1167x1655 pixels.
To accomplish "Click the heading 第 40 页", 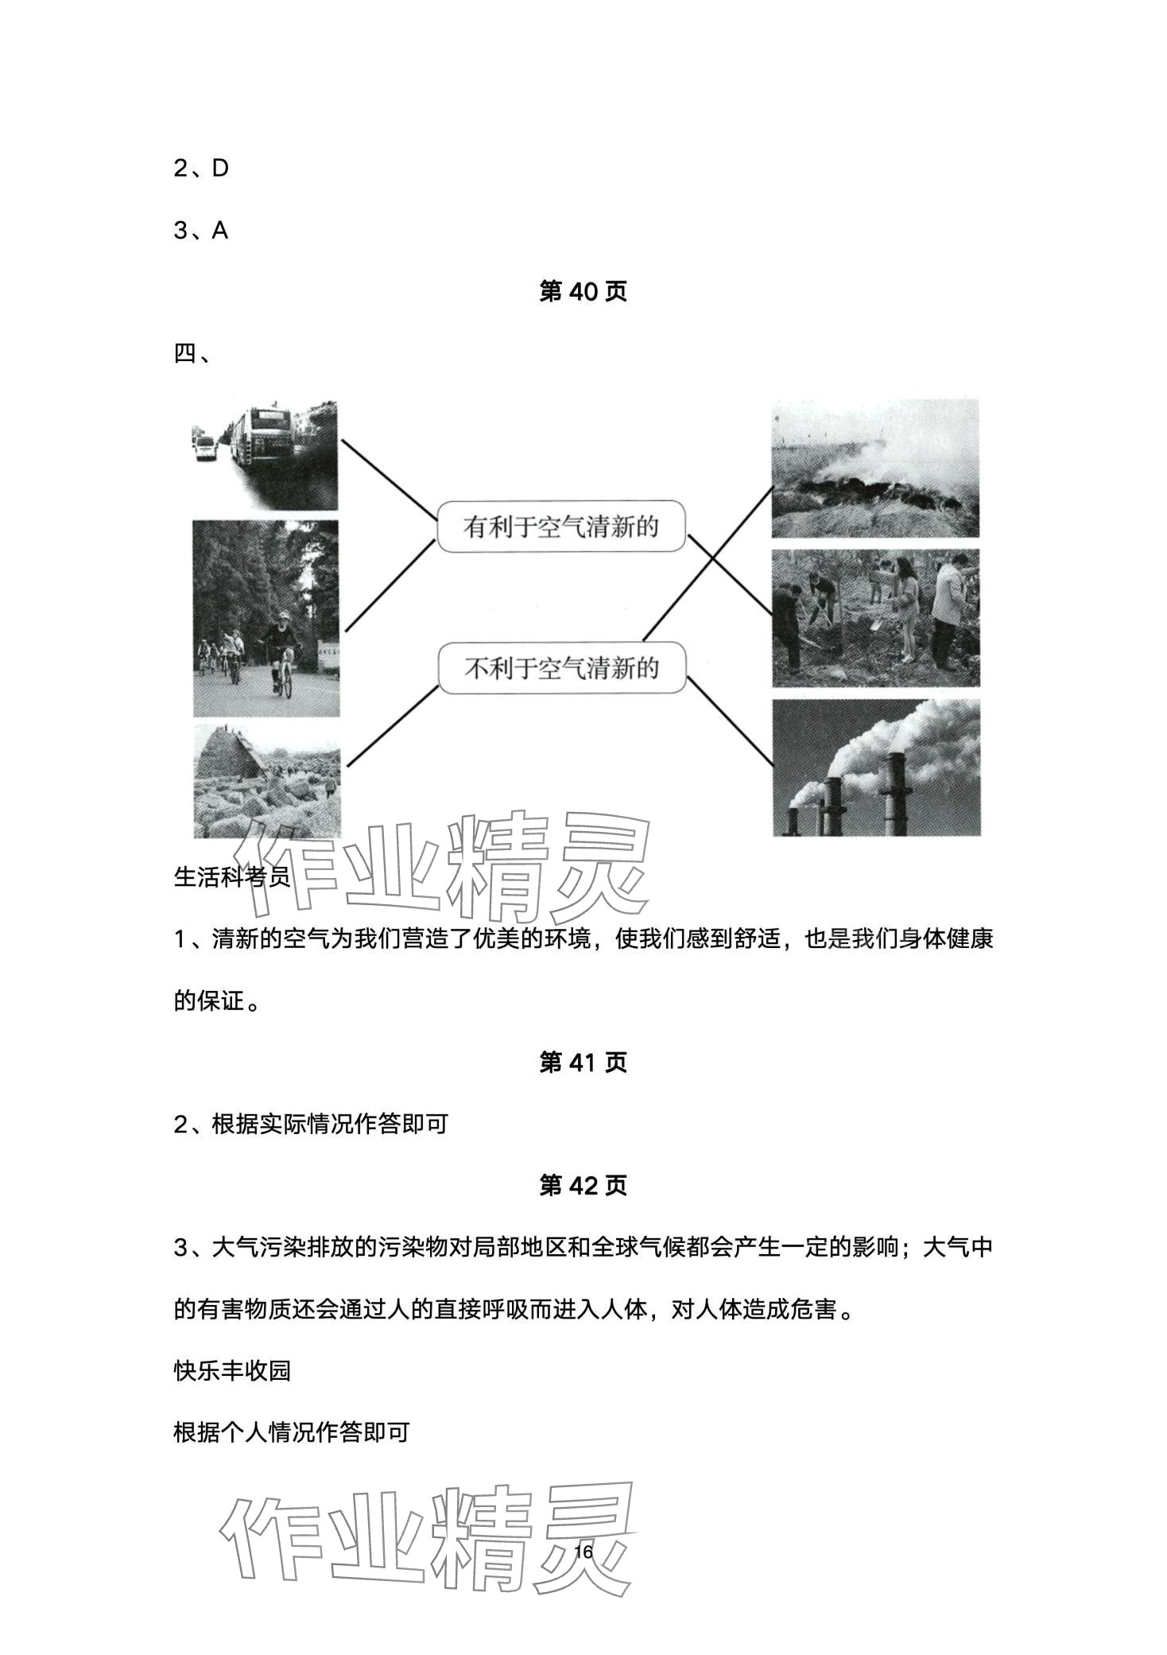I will (583, 292).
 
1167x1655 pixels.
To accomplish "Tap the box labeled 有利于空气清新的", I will (561, 526).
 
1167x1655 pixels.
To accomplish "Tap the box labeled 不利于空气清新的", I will (561, 668).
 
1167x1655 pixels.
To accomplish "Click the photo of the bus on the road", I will (265, 456).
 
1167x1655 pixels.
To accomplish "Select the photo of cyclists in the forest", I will (266, 618).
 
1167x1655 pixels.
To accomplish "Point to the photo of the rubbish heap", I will (267, 780).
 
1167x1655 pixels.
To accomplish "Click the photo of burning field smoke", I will (875, 469).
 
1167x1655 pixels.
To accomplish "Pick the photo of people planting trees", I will (875, 618).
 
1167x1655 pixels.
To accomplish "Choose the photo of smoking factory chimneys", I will (875, 767).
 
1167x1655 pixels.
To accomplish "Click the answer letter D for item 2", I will (220, 169).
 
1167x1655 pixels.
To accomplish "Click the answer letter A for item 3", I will (220, 231).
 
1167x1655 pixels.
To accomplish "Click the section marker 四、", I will (192, 353).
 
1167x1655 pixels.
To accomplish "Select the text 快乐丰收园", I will (232, 1370).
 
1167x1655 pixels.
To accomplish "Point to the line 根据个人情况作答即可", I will (291, 1432).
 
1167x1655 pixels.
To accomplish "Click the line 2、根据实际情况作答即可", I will (311, 1124).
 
